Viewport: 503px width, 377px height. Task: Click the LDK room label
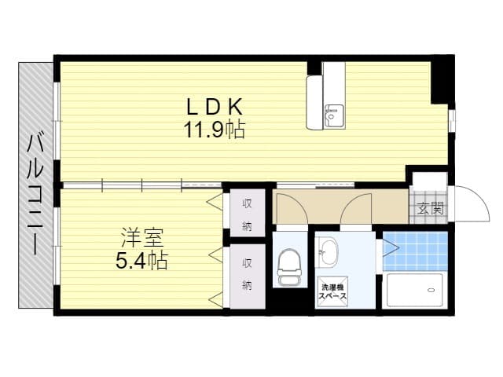point(215,107)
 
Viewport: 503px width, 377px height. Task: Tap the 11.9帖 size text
point(214,130)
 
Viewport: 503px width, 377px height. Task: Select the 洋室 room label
point(142,237)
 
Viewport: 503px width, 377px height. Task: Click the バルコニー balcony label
point(35,194)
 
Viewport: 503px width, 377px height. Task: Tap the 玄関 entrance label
point(431,209)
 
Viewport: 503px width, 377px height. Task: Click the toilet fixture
point(289,267)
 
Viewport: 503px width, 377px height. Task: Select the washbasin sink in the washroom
point(327,252)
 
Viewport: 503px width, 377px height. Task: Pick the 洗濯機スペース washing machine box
point(332,291)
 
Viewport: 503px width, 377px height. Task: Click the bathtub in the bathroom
point(415,290)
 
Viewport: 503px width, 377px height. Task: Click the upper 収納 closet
point(248,213)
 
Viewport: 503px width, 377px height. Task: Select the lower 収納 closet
point(248,276)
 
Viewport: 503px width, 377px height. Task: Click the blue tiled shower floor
point(416,251)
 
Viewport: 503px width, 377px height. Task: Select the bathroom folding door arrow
point(391,247)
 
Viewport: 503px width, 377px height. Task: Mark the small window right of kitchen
point(452,121)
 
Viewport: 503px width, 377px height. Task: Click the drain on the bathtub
point(431,290)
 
